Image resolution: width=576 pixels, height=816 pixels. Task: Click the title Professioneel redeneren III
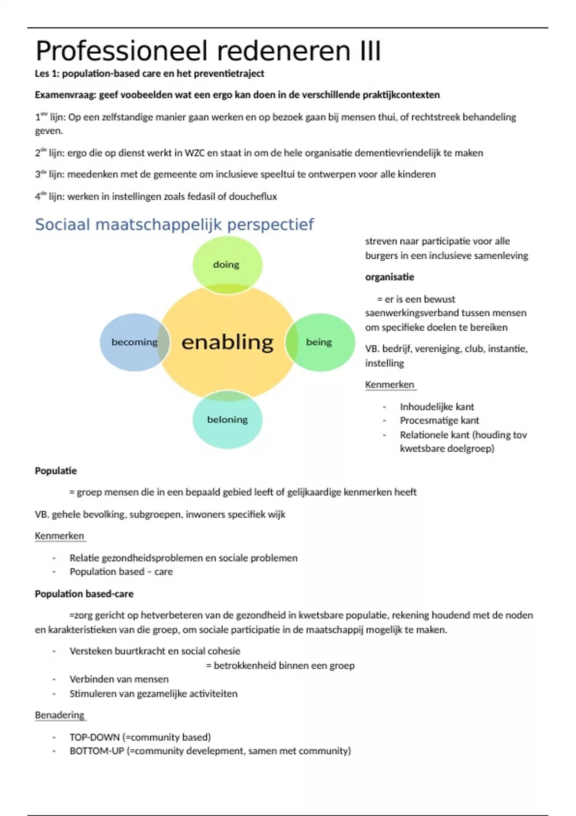click(208, 51)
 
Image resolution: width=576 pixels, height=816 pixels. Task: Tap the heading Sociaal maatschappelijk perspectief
click(174, 224)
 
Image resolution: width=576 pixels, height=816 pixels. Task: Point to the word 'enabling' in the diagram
click(227, 342)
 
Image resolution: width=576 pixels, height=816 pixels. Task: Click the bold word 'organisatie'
click(389, 277)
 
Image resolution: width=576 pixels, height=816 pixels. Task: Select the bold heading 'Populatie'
click(56, 470)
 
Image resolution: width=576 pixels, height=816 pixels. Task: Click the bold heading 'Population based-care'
click(84, 594)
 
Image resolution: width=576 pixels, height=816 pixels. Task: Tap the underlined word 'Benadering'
click(60, 715)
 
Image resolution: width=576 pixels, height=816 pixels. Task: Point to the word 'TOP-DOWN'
click(95, 737)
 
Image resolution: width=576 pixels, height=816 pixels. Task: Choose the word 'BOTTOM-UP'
click(97, 751)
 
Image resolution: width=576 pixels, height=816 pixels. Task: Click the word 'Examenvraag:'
click(66, 95)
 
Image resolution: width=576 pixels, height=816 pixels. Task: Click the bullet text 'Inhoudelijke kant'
click(437, 407)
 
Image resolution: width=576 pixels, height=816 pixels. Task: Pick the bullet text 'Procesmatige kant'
click(439, 420)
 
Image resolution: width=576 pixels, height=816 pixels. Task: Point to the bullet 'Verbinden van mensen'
click(119, 679)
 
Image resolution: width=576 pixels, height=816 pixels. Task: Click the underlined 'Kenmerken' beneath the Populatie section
click(60, 536)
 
